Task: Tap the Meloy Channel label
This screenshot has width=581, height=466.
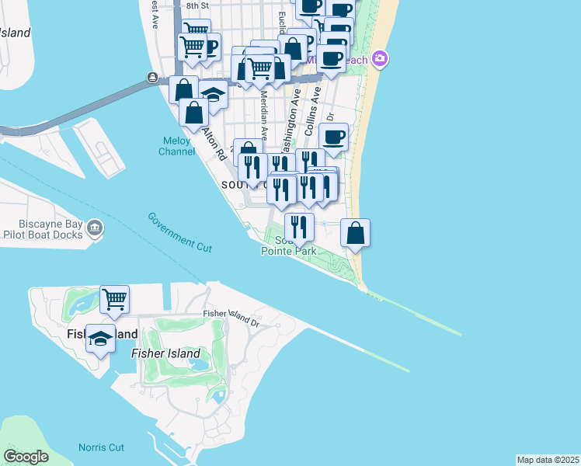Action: [x=178, y=146]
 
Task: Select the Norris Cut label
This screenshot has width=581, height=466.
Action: [x=101, y=447]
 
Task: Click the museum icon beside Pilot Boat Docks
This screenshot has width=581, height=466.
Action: [x=95, y=228]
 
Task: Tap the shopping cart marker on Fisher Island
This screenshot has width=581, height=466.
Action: [x=114, y=299]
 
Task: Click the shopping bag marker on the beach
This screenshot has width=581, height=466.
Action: [x=355, y=233]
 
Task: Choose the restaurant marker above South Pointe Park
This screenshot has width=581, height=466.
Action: [x=298, y=227]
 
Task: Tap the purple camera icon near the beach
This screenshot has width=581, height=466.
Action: [x=380, y=58]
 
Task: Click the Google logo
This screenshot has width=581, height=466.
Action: [x=26, y=457]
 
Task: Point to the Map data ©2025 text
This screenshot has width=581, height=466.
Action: [x=548, y=460]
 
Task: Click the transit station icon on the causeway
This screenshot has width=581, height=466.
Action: [x=153, y=78]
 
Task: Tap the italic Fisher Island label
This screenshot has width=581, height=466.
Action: [x=162, y=353]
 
